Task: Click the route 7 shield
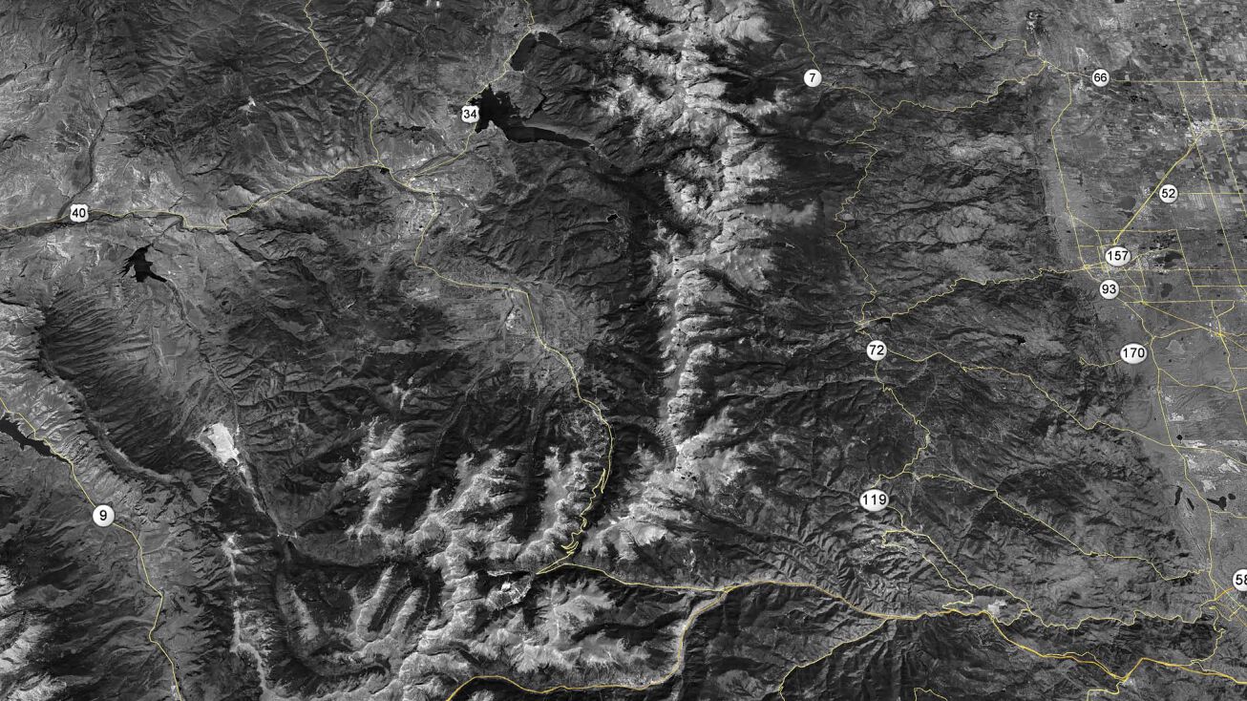click(x=812, y=78)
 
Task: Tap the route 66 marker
click(x=1100, y=78)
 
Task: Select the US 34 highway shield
click(x=469, y=114)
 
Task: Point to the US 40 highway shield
click(x=78, y=213)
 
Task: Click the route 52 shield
click(x=1168, y=193)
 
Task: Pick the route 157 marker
click(x=1117, y=256)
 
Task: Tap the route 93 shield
click(x=1108, y=288)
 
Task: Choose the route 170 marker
click(x=1132, y=353)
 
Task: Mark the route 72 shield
click(x=876, y=350)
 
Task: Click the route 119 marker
click(x=873, y=499)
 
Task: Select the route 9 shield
click(x=103, y=516)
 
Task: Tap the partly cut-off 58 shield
click(x=1239, y=580)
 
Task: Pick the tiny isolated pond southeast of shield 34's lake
click(x=612, y=217)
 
